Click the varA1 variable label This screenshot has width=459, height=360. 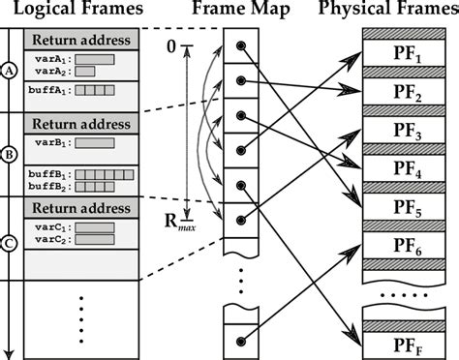[x=48, y=59]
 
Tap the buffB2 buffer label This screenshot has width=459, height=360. [x=48, y=187]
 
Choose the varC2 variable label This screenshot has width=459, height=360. [x=48, y=240]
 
